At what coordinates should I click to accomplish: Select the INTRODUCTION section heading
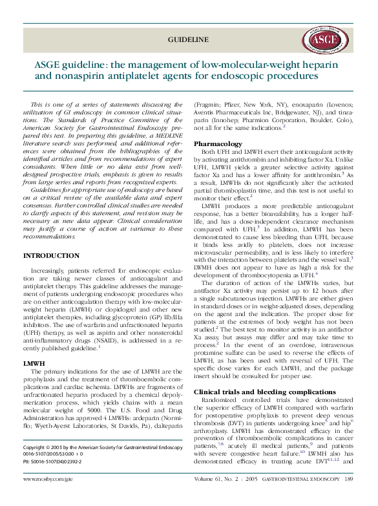[51, 257]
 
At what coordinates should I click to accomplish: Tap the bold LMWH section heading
[33, 364]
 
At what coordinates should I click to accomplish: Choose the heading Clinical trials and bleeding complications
[265, 392]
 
